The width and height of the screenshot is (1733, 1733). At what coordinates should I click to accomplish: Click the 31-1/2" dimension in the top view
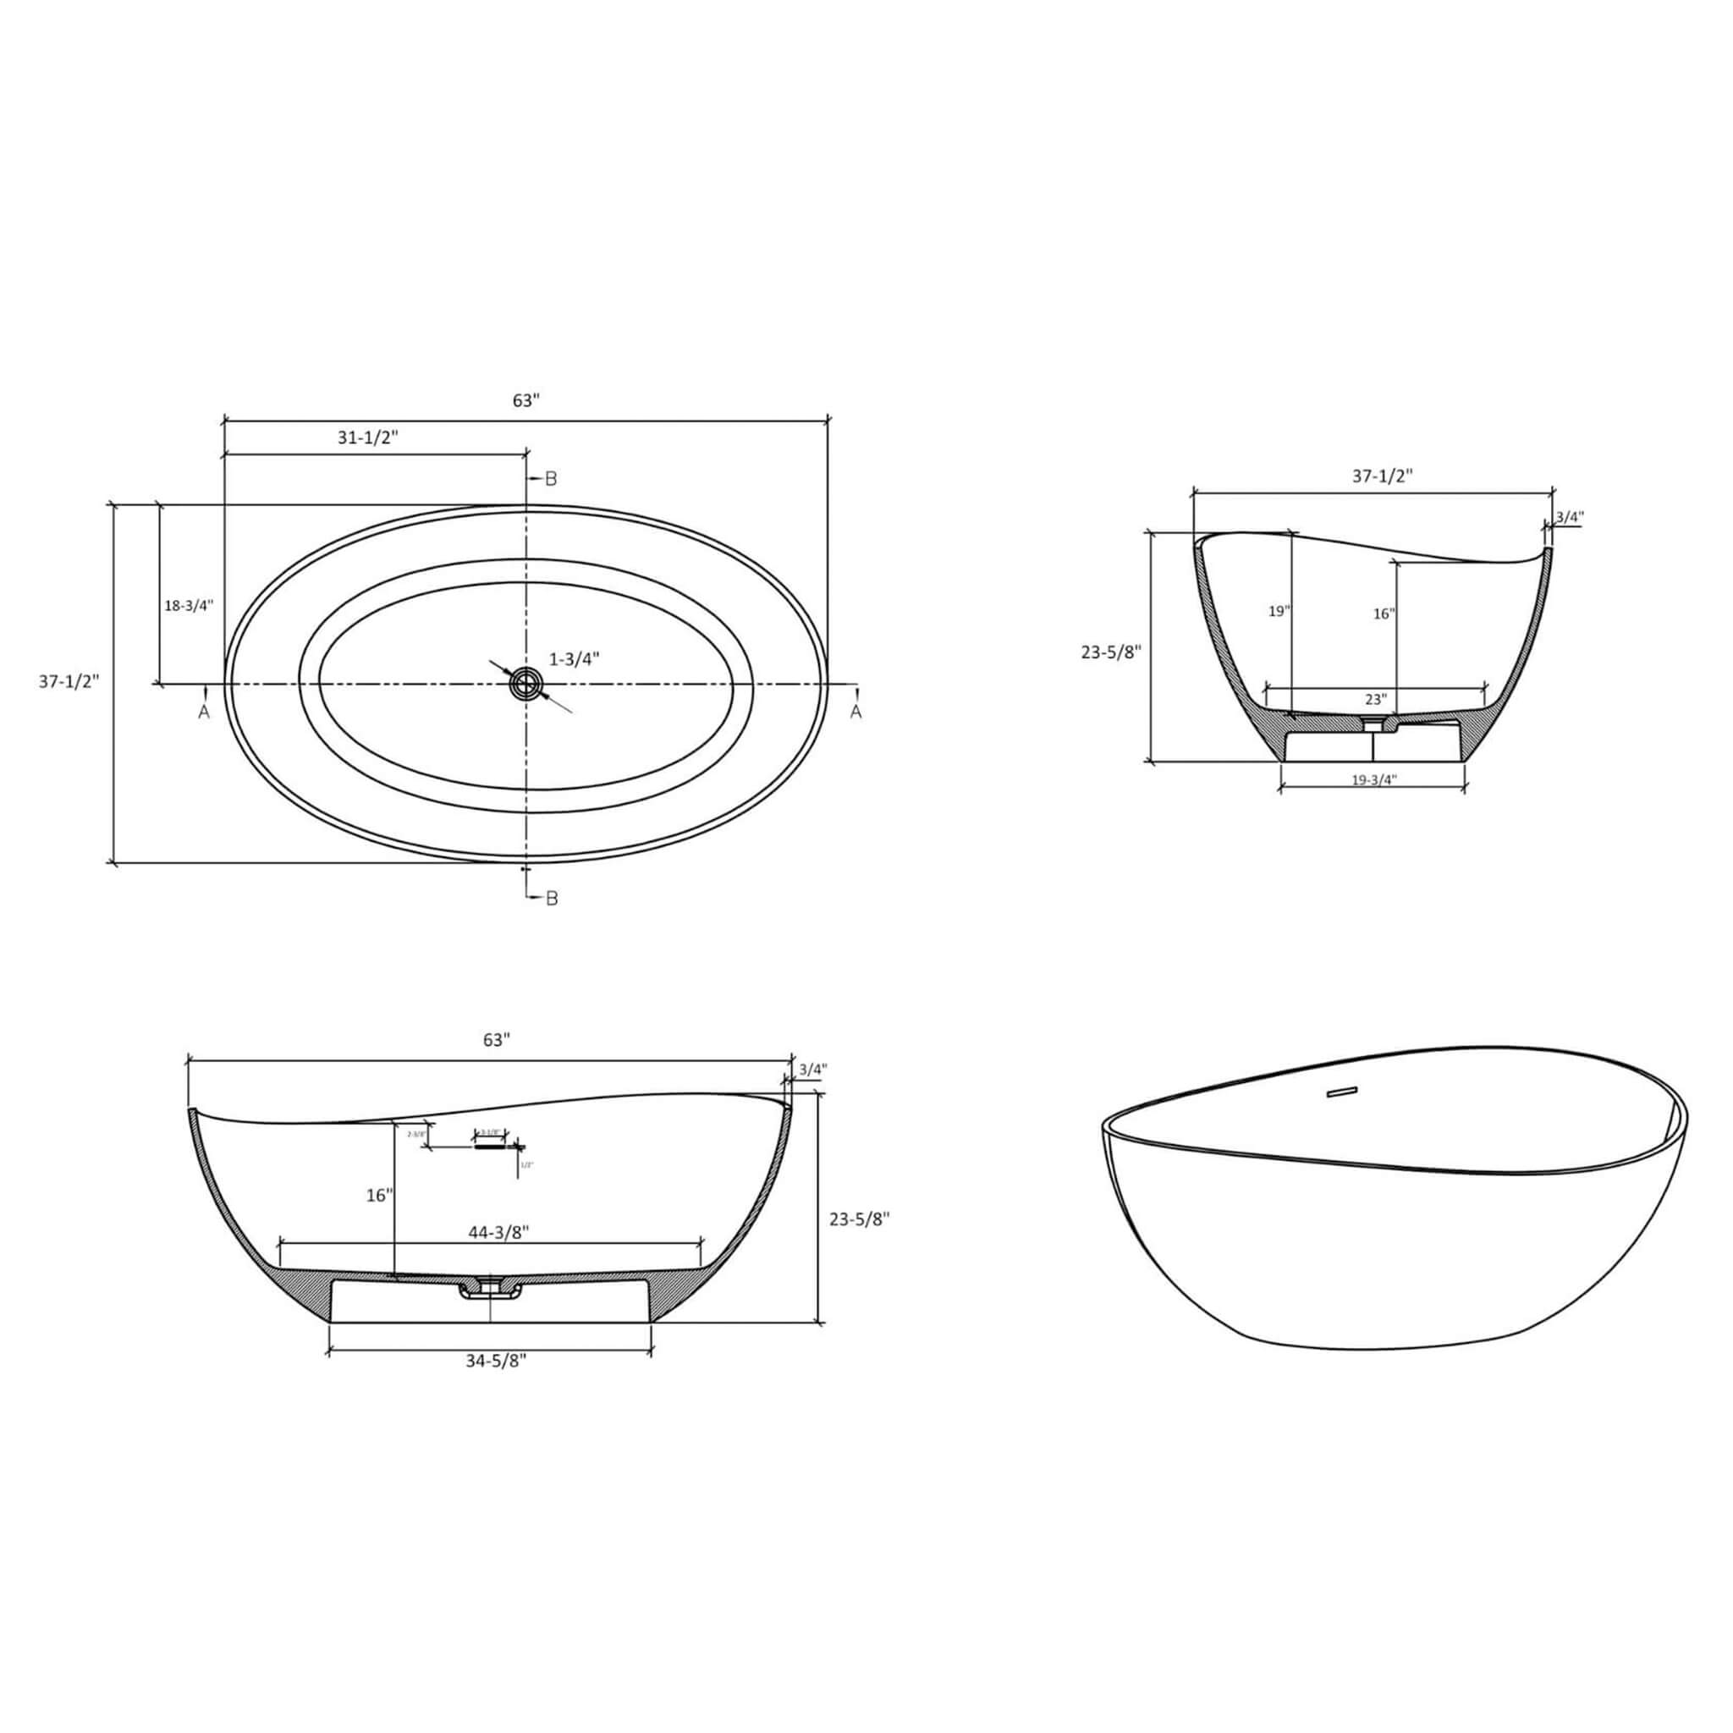click(368, 437)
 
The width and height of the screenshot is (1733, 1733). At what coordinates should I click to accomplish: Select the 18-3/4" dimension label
click(189, 606)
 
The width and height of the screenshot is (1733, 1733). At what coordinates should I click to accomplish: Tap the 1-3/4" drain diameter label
click(574, 658)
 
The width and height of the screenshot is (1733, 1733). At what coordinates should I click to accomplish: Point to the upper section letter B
click(551, 479)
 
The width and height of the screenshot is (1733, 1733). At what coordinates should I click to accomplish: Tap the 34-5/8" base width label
click(496, 1361)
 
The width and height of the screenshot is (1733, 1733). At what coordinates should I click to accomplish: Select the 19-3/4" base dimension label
click(1374, 779)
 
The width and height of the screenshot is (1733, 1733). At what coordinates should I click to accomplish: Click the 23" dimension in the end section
click(1376, 699)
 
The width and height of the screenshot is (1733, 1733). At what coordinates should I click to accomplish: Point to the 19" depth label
click(1279, 612)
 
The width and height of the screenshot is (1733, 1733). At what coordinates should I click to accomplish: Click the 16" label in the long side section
click(379, 1196)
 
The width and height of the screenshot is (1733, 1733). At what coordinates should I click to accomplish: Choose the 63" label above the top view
click(525, 401)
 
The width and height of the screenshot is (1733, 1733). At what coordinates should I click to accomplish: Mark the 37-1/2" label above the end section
click(1383, 477)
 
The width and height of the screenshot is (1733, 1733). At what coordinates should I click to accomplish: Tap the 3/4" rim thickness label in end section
click(1570, 518)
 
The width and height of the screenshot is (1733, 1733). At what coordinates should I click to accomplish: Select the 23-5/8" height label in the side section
click(858, 1219)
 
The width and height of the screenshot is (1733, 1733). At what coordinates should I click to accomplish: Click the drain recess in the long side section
click(491, 1289)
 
